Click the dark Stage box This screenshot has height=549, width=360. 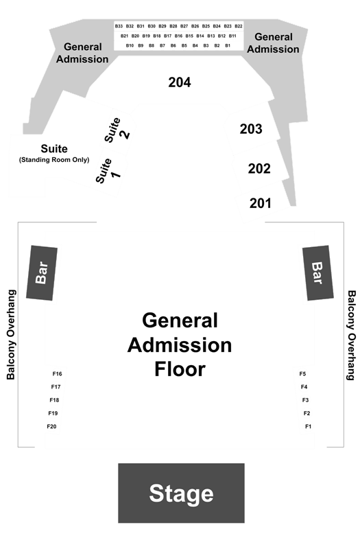[181, 493]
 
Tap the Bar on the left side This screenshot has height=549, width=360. [42, 272]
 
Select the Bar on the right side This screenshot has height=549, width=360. [317, 272]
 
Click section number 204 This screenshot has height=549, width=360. [180, 82]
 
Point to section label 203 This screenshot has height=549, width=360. [251, 129]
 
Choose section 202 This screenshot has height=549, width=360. [259, 169]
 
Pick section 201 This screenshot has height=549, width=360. [261, 203]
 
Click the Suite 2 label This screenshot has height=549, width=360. [117, 130]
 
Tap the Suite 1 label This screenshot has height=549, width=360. [108, 171]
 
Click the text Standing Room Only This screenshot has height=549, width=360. [54, 160]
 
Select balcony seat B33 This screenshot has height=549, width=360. [119, 26]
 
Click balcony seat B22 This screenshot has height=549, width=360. [239, 26]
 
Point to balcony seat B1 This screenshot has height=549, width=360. [228, 45]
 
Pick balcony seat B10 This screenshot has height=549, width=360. [130, 45]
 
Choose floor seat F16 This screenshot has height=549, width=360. [58, 374]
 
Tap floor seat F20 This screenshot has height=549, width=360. [52, 426]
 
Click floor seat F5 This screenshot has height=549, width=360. [302, 374]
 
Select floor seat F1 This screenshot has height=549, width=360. [308, 426]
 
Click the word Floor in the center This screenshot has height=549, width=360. [180, 369]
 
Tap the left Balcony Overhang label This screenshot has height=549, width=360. [11, 335]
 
